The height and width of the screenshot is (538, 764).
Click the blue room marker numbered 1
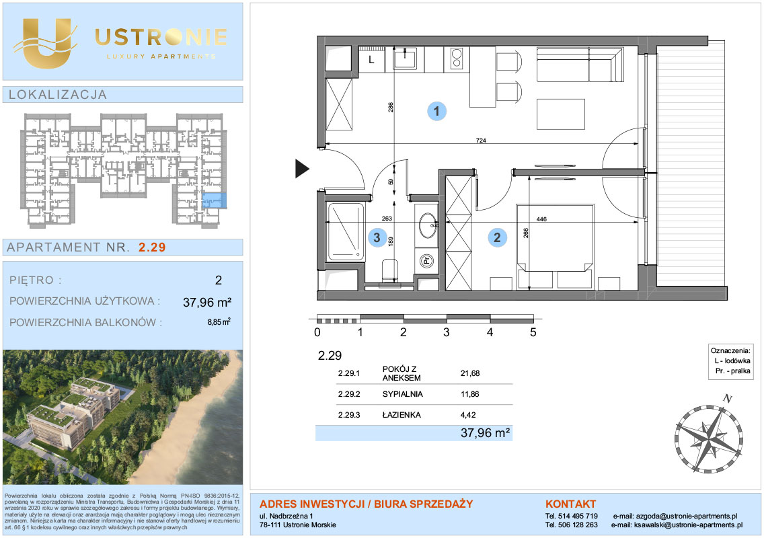(436, 111)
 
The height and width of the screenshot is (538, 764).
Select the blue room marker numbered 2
(497, 238)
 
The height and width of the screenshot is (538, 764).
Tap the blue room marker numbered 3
(377, 238)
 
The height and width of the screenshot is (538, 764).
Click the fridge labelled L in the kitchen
(372, 60)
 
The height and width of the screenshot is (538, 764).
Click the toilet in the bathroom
(390, 270)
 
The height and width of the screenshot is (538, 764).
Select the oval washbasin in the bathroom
(428, 225)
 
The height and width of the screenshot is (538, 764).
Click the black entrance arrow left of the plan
(302, 169)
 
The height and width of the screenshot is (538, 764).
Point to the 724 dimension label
(481, 141)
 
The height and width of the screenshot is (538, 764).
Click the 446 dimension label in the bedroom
(541, 219)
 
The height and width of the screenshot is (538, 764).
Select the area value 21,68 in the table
(469, 373)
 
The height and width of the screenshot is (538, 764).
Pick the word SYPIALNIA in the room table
(402, 394)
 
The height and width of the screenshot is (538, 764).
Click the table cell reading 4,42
(468, 415)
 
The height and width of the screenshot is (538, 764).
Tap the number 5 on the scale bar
(533, 332)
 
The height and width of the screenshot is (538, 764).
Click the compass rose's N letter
(728, 399)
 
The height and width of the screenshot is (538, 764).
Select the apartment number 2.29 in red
(152, 247)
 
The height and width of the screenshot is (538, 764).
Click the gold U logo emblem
(45, 42)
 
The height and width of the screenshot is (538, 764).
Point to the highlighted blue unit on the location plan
(215, 200)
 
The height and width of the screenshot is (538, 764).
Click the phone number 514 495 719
(578, 516)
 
